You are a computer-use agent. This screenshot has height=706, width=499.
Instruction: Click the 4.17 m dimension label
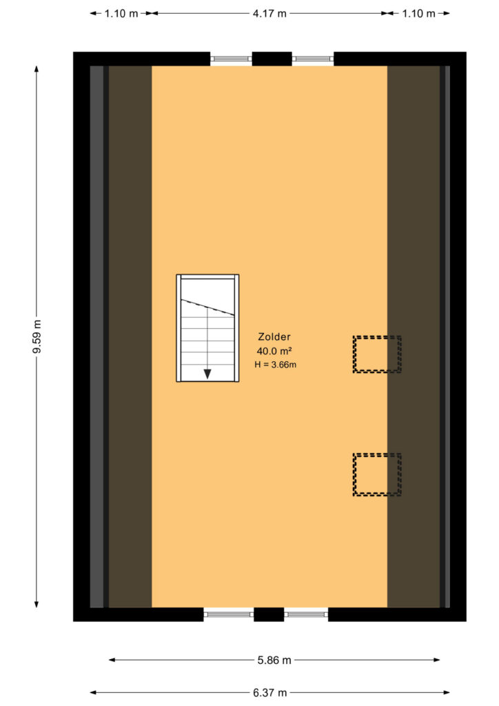269,14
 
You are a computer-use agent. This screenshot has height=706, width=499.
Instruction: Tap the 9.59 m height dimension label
37,336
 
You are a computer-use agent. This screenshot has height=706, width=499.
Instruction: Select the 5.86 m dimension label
274,660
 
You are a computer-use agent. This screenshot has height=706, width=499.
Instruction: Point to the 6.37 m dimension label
269,692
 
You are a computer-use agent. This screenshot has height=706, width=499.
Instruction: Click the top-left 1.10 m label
121,14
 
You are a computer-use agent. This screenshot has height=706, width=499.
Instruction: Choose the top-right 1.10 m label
418,14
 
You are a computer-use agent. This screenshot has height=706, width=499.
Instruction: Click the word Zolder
274,336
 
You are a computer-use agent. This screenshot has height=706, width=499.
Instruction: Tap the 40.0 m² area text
274,351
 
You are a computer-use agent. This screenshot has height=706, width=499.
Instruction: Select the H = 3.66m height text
276,365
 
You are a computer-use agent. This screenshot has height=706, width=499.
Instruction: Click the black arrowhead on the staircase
207,374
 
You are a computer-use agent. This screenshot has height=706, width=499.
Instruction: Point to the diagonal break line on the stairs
207,307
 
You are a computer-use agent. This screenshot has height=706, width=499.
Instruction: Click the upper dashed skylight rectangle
377,336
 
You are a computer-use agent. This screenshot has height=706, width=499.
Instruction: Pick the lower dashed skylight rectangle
377,454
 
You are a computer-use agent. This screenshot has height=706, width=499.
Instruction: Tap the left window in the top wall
231,59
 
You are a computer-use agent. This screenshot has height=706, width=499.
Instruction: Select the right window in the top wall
313,59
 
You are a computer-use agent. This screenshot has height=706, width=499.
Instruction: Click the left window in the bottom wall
229,614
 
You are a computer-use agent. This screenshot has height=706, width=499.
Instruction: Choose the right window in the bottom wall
306,614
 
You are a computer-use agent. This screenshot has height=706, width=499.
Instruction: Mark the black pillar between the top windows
272,59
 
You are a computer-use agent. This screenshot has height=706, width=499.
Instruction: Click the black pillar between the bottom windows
269,614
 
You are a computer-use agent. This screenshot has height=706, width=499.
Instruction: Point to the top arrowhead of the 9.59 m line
37,69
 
